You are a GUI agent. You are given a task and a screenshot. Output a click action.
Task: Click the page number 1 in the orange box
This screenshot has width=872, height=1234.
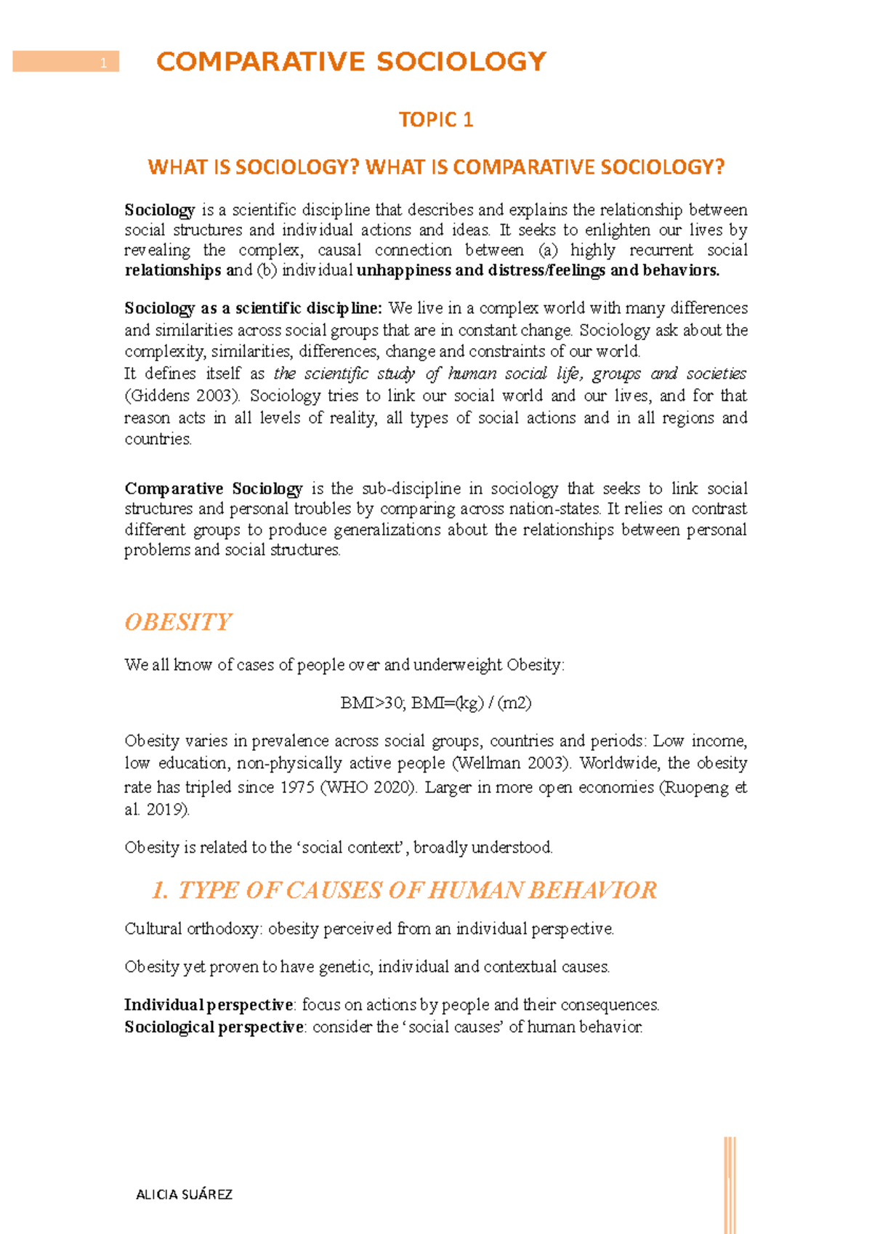[x=104, y=63]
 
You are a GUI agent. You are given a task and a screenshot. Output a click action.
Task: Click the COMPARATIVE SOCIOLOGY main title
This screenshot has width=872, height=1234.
[x=351, y=62]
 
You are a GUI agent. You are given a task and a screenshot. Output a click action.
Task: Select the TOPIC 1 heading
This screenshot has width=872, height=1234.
[x=436, y=120]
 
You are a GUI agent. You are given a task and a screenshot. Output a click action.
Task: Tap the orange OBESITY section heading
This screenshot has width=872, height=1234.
[x=178, y=622]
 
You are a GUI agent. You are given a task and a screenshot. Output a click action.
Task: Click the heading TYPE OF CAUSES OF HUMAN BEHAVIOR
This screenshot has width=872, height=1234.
[x=404, y=890]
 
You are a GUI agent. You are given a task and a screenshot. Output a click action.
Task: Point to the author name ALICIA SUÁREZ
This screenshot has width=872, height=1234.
[x=185, y=1194]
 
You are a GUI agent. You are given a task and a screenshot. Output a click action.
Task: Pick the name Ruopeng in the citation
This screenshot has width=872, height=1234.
[x=696, y=787]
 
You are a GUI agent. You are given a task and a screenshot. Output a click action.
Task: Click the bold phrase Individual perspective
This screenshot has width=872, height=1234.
[x=209, y=1005]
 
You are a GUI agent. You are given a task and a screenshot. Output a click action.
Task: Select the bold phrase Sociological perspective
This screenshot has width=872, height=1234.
[x=214, y=1027]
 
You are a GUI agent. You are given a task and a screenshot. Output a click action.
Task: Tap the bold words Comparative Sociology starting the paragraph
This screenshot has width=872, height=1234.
[x=214, y=488]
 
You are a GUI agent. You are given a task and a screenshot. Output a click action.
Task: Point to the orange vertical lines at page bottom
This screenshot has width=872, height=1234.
[x=730, y=1185]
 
